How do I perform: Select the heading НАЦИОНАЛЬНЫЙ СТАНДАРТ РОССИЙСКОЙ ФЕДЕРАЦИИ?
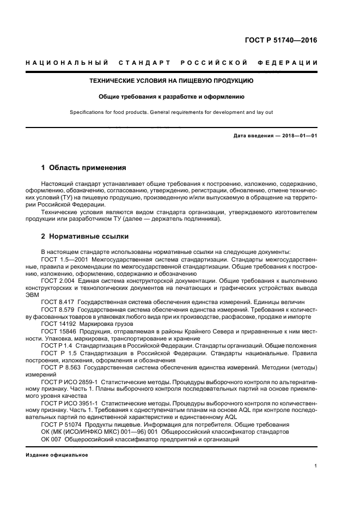point(172,64)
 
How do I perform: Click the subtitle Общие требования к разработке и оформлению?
point(172,97)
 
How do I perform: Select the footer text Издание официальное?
point(56,454)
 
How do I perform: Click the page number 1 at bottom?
point(316,466)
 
